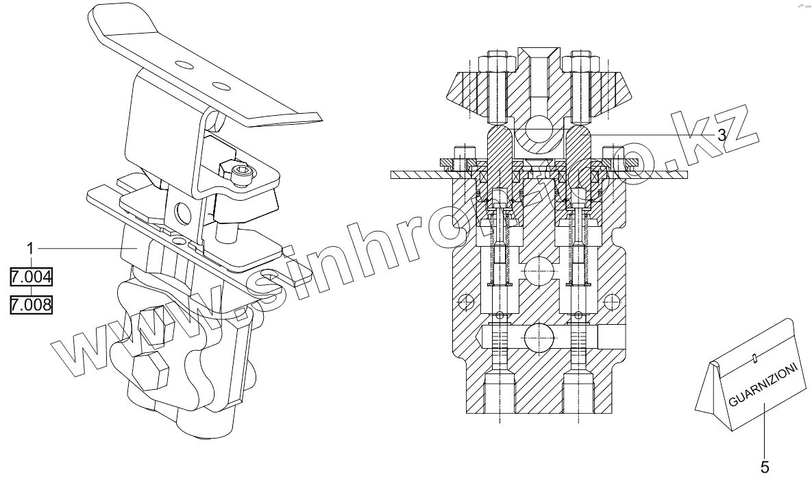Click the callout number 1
31,246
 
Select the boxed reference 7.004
31,278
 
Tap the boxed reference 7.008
31,304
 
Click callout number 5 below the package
765,467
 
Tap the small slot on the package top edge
754,356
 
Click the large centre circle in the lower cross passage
539,337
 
